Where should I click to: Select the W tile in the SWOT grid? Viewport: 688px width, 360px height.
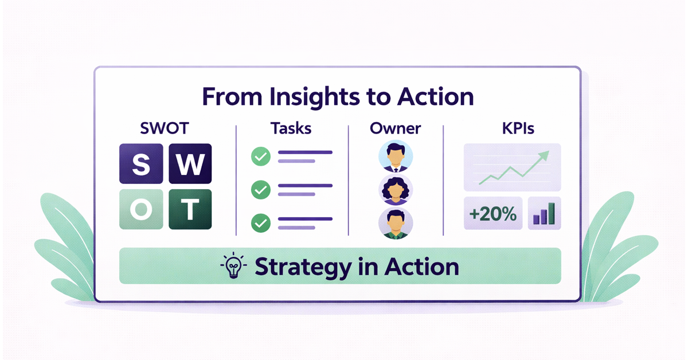189,164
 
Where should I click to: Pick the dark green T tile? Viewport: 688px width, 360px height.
189,209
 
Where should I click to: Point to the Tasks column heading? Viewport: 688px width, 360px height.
291,128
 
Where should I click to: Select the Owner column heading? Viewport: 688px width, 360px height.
396,128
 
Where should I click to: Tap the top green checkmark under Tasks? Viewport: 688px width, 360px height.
261,156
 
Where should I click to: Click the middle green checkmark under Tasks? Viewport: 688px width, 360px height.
261,189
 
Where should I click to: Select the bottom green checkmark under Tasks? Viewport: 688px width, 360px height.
261,222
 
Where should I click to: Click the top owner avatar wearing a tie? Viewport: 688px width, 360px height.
396,156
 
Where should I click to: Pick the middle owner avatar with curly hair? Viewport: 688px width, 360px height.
396,190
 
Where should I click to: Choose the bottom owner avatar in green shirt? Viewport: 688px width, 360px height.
396,223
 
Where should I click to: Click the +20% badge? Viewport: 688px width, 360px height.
492,215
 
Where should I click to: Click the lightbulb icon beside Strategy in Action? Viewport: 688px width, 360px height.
233,267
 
